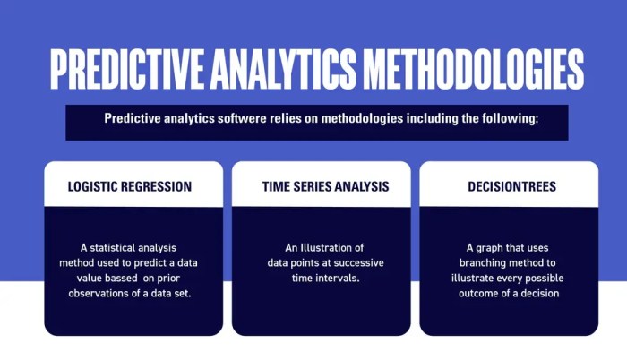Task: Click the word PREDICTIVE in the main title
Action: [127, 69]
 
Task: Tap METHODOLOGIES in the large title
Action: [473, 69]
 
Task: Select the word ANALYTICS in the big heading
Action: [283, 69]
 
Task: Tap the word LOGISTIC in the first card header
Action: [92, 186]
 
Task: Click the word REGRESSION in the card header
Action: [156, 186]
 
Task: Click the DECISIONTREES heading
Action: [511, 186]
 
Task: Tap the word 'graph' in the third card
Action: [488, 248]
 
